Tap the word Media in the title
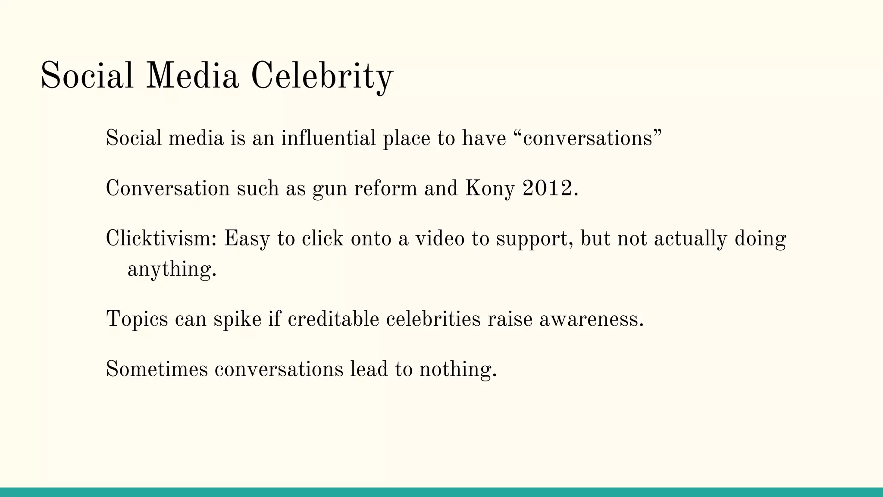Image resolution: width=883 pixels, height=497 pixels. (192, 76)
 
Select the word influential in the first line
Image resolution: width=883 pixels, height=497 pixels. (329, 138)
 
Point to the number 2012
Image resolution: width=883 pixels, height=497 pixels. (550, 189)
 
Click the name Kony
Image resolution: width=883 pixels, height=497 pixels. (490, 189)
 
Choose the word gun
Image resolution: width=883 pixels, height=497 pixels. (330, 189)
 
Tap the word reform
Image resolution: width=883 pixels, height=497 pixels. (385, 189)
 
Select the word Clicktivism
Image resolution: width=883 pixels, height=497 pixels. (161, 239)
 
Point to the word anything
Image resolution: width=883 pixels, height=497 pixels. (172, 270)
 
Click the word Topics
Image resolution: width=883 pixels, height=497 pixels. (137, 320)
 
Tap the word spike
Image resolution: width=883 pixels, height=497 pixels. (238, 320)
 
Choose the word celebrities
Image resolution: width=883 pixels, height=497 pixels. (433, 319)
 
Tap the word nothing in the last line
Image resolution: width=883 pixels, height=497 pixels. (458, 370)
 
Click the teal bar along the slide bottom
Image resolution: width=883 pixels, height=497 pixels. (441, 492)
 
